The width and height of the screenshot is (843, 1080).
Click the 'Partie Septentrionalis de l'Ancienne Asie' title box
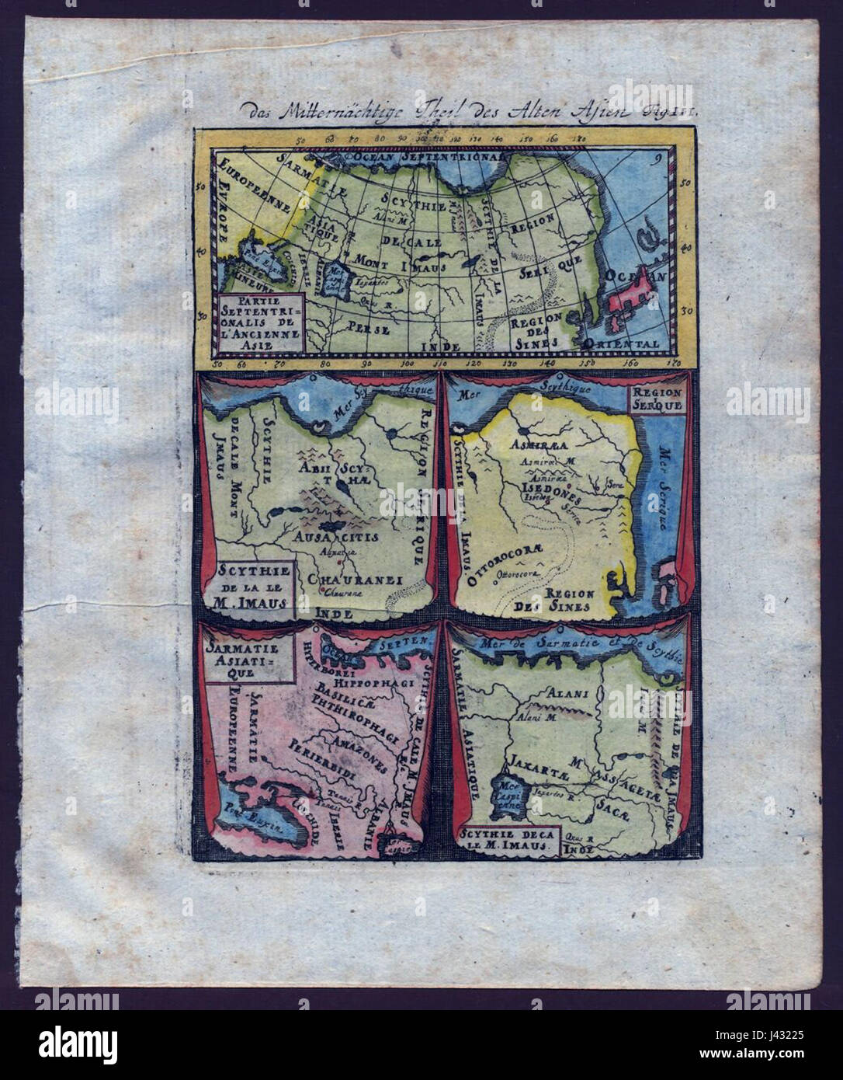(261, 319)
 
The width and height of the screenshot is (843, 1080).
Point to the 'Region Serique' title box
(656, 399)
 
